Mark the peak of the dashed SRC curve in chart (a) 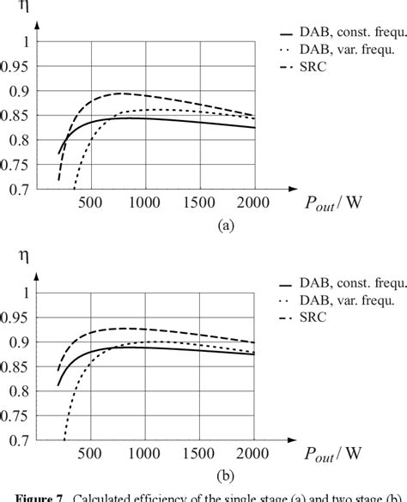pyautogui.click(x=120, y=93)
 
